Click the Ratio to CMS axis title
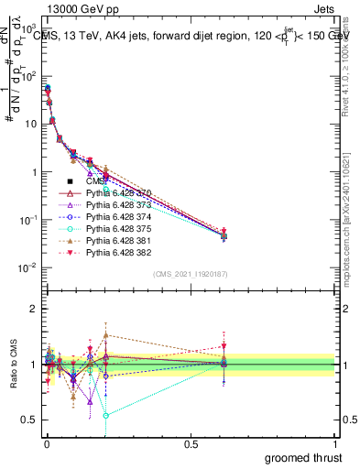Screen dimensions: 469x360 (12, 365)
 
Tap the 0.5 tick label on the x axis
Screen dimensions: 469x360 (191, 445)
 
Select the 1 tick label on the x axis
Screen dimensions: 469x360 (335, 445)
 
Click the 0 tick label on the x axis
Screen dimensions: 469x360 (46, 445)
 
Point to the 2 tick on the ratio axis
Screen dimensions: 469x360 (34, 309)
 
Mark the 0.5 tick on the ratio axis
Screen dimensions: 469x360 (30, 420)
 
